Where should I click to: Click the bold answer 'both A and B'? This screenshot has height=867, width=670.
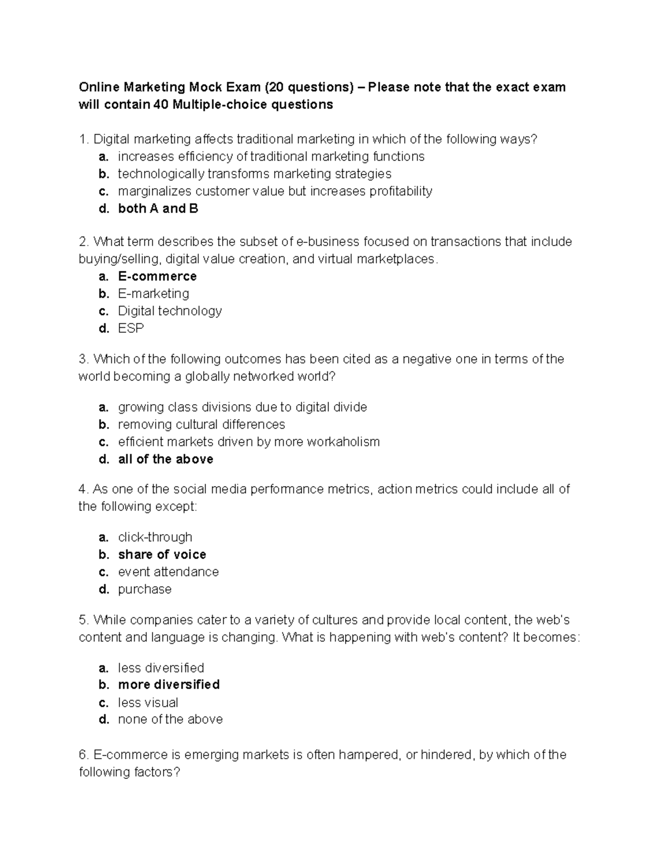tap(158, 209)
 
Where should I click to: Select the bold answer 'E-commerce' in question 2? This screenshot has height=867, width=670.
tap(157, 276)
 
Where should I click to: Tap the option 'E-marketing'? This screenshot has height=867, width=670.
tap(154, 294)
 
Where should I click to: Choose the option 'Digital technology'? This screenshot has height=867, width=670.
tap(170, 311)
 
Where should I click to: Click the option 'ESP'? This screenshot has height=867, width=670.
tap(131, 328)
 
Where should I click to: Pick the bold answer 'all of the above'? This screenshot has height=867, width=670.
tap(165, 459)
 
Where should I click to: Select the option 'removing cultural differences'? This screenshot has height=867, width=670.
tap(201, 425)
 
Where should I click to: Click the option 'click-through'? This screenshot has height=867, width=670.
tap(155, 537)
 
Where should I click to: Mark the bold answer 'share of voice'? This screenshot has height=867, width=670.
tap(162, 554)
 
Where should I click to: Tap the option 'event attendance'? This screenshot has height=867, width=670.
tap(168, 572)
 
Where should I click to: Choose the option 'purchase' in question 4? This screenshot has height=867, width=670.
tap(145, 589)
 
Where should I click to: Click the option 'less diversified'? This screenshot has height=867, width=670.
tap(161, 668)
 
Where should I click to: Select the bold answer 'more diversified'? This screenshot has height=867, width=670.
tap(169, 685)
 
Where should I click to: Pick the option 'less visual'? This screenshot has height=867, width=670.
tap(148, 702)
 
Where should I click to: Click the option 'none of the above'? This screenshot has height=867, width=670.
tap(170, 720)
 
